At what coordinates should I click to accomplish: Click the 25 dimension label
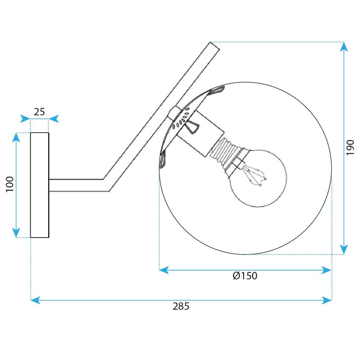coord(39,112)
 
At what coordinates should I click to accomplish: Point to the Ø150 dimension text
coord(245,276)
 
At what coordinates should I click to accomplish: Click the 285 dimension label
coord(181,306)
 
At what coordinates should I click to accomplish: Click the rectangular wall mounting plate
coord(40,185)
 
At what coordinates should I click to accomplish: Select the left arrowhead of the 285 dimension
coord(35,300)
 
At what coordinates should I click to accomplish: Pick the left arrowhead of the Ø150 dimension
coord(164,270)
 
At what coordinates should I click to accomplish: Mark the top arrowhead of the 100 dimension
coord(16,137)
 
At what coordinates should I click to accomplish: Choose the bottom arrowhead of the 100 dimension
coord(16,233)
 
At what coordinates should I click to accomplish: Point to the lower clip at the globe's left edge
coord(162,158)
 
